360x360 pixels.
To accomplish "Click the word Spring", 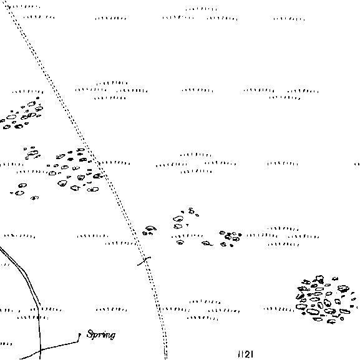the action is point(101,334).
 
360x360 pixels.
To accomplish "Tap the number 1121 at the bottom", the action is point(246,354).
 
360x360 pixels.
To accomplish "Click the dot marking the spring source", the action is point(80,334).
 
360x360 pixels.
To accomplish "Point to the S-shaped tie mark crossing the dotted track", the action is point(144,261).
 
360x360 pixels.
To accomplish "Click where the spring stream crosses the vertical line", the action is point(40,350).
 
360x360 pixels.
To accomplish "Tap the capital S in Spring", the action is point(90,334).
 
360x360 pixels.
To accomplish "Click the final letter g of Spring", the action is point(112,336).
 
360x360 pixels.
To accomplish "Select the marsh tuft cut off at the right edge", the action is point(358,164).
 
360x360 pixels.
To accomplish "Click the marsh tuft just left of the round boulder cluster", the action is point(279,309).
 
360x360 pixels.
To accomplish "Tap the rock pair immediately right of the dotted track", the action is point(149,230).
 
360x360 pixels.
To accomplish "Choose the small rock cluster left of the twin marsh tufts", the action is point(230,238).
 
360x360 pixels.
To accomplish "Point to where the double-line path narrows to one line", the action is point(39,306).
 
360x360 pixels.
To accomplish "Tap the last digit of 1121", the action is point(251,354).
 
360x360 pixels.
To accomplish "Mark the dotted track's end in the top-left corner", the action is point(5,2).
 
